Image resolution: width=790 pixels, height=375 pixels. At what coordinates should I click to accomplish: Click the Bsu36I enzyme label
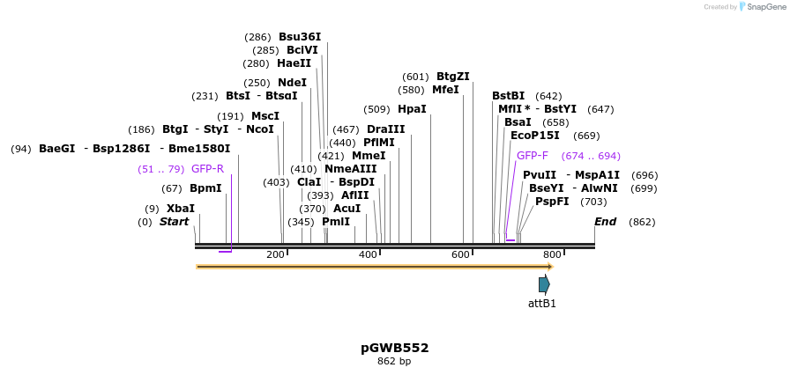point(300,37)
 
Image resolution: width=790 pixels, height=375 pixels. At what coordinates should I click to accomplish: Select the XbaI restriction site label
point(181,209)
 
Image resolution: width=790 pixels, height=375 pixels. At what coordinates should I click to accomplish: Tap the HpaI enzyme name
point(412,109)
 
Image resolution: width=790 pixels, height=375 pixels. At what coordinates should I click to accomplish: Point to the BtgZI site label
point(453,77)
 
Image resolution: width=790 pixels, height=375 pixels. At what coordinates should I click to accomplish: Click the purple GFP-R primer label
point(207,169)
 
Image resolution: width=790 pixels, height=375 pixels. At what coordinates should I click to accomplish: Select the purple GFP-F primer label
point(533,156)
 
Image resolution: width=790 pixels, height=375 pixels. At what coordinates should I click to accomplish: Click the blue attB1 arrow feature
point(544,284)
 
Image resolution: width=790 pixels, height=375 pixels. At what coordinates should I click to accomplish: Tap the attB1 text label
point(542,304)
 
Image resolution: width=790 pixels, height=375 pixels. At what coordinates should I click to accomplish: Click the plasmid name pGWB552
point(394,348)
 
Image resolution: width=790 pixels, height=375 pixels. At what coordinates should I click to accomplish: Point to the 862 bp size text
point(394,361)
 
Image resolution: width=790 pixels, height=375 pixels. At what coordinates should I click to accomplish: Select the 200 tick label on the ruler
point(275,254)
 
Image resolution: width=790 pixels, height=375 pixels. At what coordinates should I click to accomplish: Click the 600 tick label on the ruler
point(460,254)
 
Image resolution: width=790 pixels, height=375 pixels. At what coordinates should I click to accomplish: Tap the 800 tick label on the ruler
point(552,254)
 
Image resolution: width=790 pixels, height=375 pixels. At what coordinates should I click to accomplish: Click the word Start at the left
point(174,222)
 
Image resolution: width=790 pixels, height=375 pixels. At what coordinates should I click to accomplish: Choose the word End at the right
point(605,222)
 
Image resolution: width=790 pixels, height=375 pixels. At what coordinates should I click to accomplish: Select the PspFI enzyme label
point(552,201)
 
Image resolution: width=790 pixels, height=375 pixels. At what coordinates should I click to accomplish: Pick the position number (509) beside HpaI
point(376,109)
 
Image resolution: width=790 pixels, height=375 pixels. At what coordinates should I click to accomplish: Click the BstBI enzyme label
point(508,96)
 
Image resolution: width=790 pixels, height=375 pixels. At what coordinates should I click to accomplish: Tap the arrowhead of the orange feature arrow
point(550,266)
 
